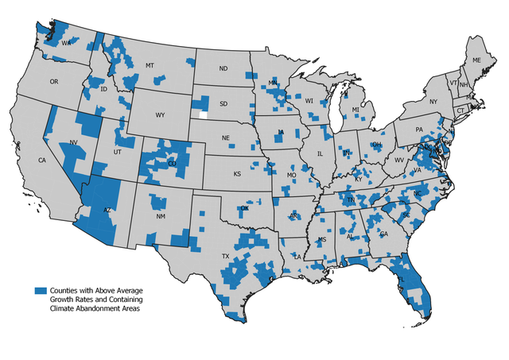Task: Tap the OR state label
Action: coord(54,81)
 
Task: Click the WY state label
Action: coord(160,115)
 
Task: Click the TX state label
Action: coord(225,256)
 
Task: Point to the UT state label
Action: coord(118,151)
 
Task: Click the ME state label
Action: coord(477,60)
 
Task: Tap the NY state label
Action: coord(433,102)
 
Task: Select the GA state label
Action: coord(384,234)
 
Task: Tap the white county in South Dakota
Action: coord(204,113)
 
